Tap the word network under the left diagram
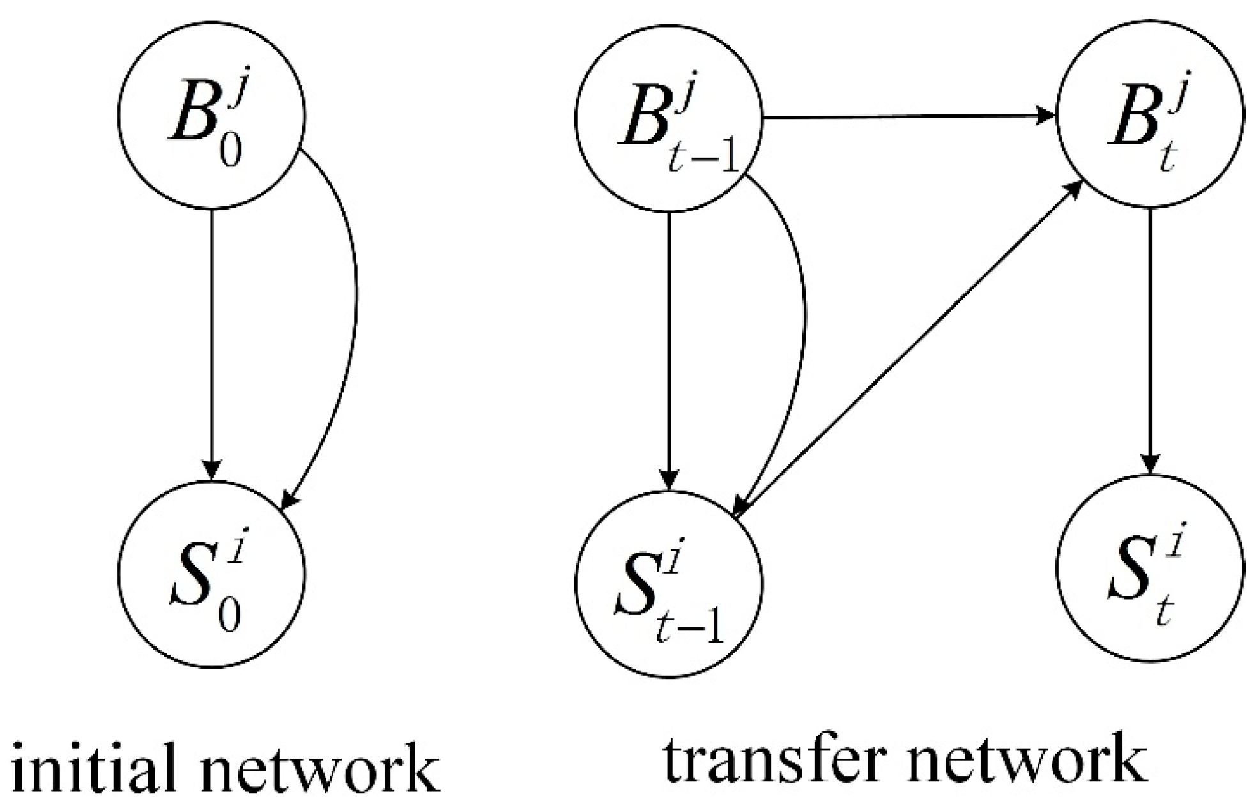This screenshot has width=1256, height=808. pos(319,766)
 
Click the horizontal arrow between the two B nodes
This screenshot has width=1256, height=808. pos(907,117)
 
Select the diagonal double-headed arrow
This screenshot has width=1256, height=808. pos(907,348)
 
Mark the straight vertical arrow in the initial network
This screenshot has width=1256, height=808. pos(211,345)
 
